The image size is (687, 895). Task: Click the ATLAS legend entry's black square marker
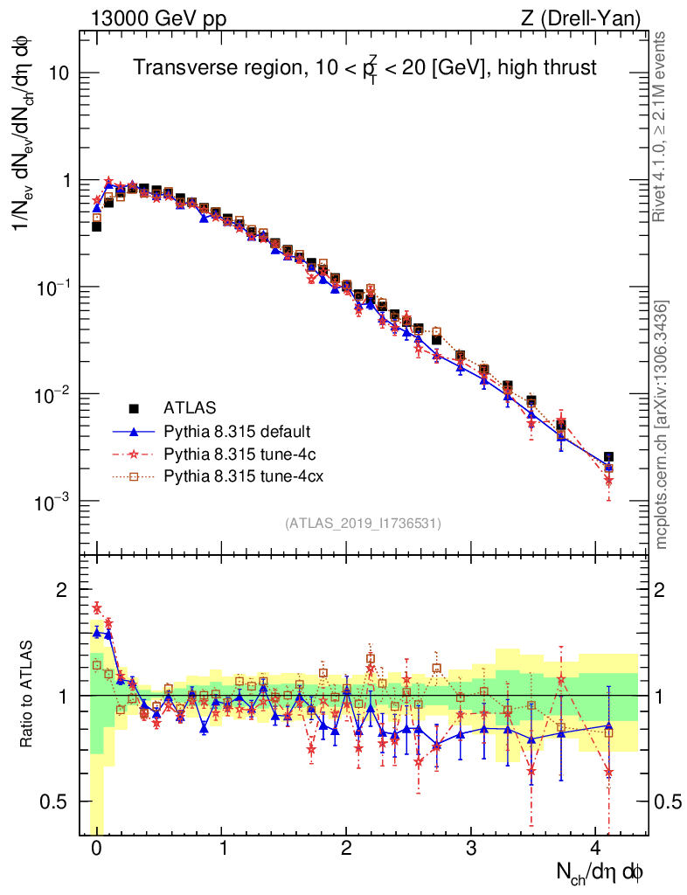134,407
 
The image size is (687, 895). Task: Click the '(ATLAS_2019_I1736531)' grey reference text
362,524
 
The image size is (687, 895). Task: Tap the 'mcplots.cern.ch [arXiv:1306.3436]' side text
663,425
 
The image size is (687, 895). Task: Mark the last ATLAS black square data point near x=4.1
608,457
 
